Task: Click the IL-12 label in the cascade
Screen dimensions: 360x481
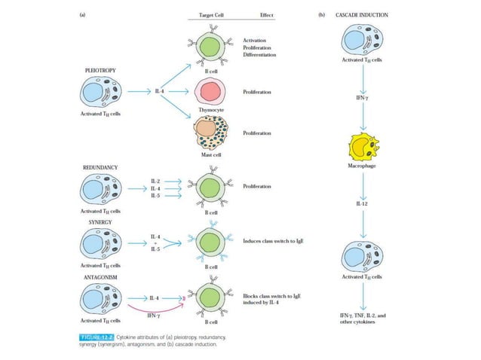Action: point(366,204)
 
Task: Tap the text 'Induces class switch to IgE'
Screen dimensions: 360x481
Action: point(274,242)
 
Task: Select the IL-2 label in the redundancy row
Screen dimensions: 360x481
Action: point(155,182)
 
